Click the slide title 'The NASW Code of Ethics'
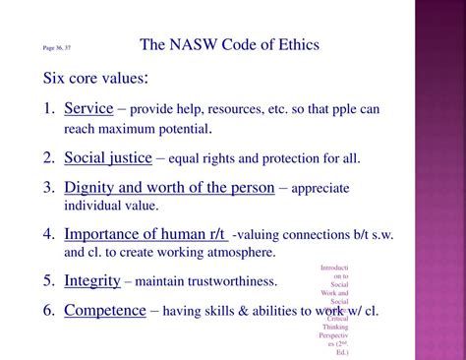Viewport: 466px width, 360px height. (x=229, y=45)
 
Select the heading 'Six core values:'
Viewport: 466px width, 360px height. (x=95, y=78)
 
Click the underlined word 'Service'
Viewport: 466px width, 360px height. (x=88, y=108)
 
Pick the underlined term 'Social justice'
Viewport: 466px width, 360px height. (x=108, y=157)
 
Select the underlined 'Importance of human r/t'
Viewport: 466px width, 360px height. (x=145, y=234)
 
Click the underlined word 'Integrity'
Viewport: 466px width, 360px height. (x=92, y=280)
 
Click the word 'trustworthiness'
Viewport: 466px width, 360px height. (x=231, y=281)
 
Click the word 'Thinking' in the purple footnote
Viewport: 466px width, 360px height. (x=333, y=328)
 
